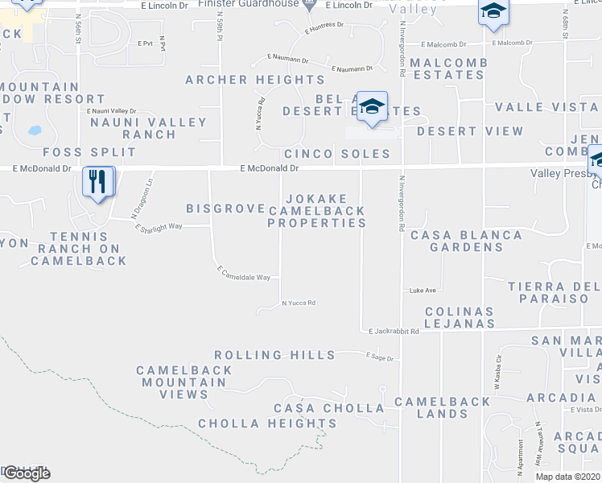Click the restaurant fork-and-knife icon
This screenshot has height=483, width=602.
pos(98,183)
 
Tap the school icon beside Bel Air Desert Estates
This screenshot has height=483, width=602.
pos(372,107)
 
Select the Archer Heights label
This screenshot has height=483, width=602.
pos(255,80)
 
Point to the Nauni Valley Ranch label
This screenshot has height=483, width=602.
pos(148,129)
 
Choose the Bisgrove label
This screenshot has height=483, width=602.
pos(225,208)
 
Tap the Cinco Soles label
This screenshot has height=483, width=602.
pos(336,154)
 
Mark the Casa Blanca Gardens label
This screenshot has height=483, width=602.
pos(466,242)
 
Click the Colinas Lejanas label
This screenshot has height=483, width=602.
pos(459,317)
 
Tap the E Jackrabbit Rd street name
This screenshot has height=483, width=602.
pos(394,331)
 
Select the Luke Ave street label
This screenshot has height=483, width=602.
pos(423,290)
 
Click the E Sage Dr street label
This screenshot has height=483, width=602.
pos(380,357)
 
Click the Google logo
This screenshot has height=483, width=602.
pos(26,473)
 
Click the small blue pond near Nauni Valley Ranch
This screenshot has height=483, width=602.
pos(34,130)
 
